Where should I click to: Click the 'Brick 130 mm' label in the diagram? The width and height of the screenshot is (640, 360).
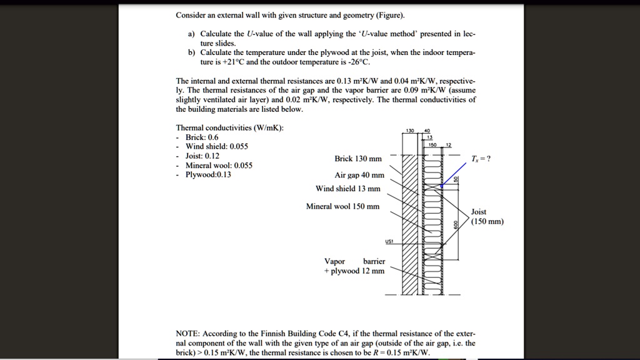point(358,159)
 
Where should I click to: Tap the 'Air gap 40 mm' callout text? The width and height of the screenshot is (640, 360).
point(359,175)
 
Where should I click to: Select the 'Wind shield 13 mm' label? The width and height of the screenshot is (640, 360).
point(348,189)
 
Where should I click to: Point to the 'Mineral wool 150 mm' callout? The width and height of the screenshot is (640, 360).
point(342,206)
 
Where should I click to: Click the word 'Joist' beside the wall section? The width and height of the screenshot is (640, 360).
point(479,212)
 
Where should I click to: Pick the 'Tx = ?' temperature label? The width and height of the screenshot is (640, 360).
point(481,158)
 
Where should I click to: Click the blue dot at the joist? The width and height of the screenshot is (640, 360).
point(441,186)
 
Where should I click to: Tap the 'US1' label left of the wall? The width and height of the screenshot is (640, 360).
point(390,242)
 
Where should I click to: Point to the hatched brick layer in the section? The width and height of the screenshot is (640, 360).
point(409,225)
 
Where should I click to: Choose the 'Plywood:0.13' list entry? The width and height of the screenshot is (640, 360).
point(208,174)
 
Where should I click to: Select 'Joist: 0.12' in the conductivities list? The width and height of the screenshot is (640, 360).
point(202,156)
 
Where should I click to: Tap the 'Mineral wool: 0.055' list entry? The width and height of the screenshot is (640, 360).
point(219,165)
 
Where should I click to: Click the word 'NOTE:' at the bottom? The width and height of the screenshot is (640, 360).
point(187,333)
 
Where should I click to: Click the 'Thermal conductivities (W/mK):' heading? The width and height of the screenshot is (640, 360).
point(230,127)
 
